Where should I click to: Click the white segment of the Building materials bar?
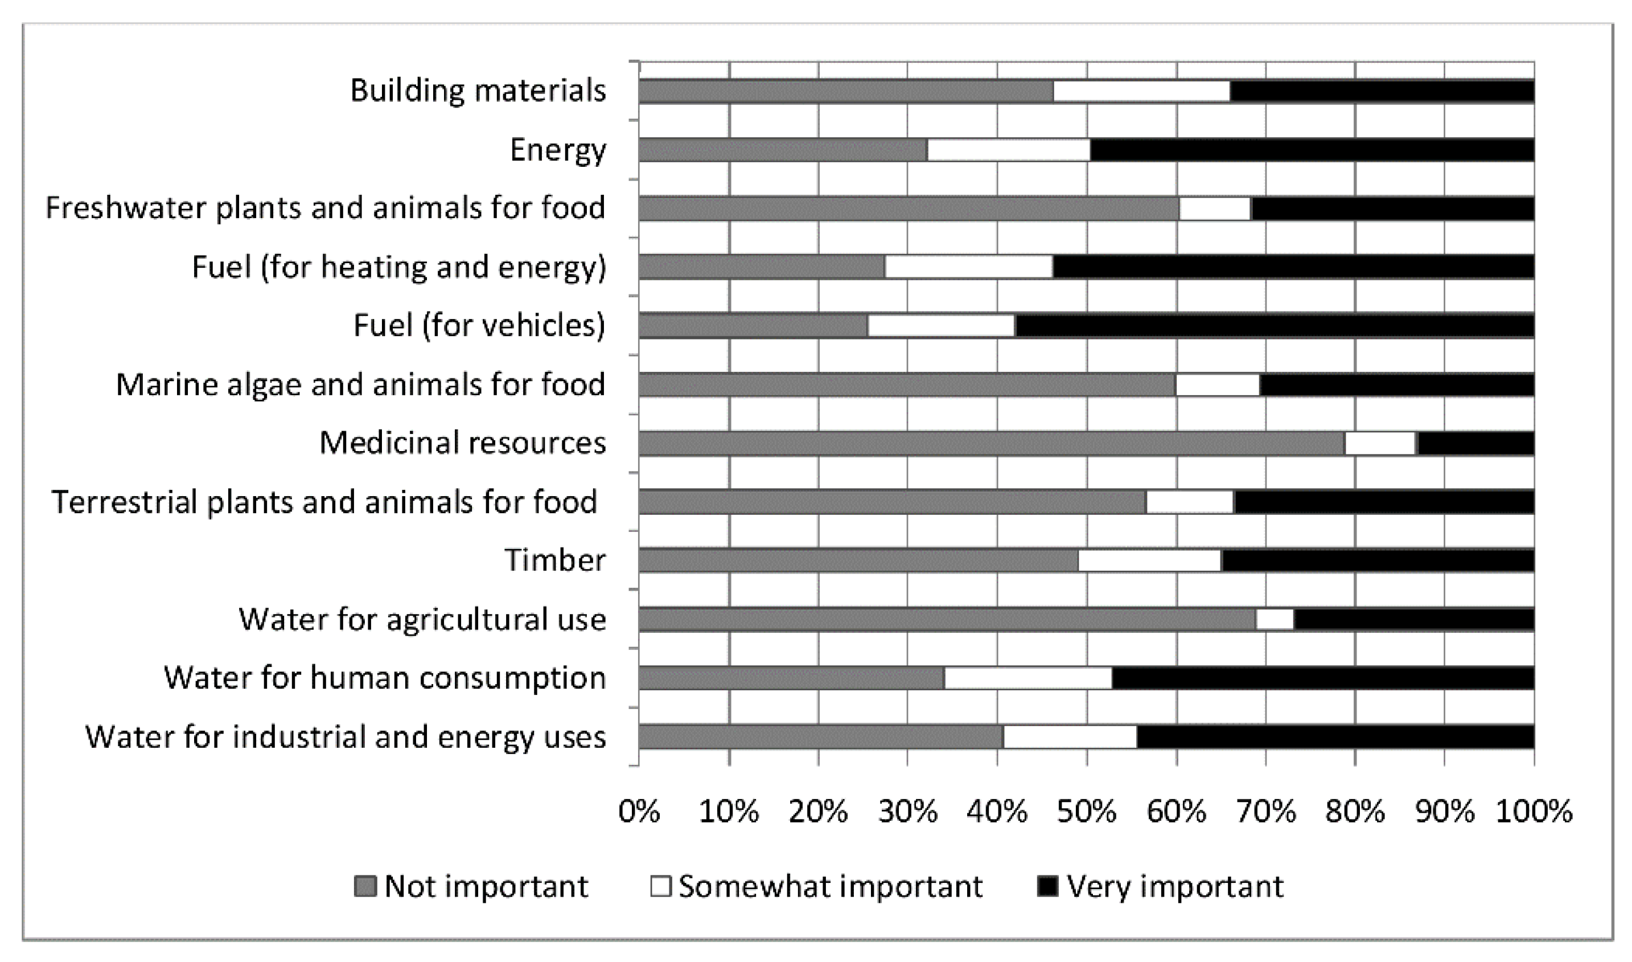pos(1141,91)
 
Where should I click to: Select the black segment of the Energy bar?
pos(1312,150)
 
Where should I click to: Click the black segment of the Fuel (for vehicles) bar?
pos(1275,326)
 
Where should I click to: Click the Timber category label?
pos(554,560)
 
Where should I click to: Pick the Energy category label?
pos(558,150)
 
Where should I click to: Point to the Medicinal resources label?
pos(463,443)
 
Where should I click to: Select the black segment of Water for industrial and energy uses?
pos(1335,738)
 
